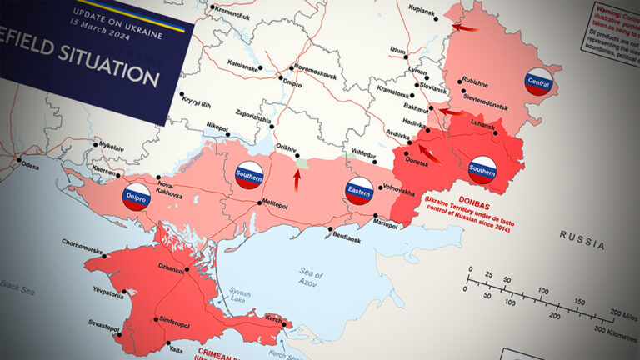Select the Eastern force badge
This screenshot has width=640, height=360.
click(x=360, y=190)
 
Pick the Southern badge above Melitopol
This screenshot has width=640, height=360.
click(x=250, y=175)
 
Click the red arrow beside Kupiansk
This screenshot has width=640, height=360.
click(x=467, y=27)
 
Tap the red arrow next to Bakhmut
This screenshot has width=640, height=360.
click(x=450, y=111)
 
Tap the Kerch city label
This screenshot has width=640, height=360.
click(x=276, y=318)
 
